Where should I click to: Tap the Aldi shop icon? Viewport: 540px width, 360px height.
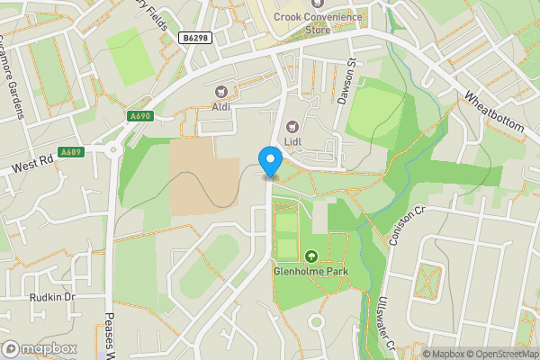click(220, 91)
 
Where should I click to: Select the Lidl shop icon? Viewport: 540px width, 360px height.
click(292, 127)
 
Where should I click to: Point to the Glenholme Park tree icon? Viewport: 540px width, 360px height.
click(312, 256)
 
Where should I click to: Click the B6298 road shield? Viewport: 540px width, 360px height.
click(195, 38)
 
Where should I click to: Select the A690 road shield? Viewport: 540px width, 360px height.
click(139, 115)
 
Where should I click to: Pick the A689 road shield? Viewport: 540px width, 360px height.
click(71, 151)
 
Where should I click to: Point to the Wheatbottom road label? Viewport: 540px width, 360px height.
click(493, 112)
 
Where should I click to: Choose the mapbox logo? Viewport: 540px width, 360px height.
click(39, 347)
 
